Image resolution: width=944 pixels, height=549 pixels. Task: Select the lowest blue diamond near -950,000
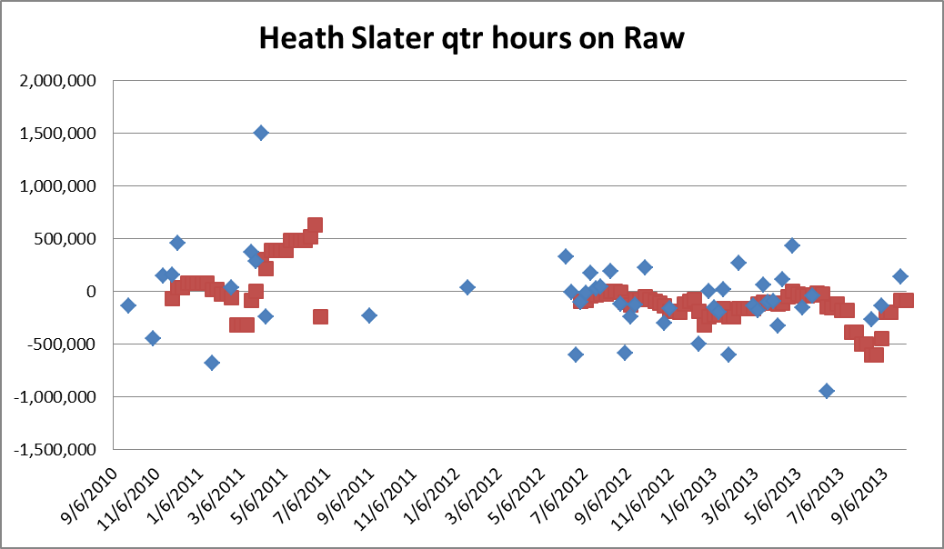click(x=827, y=391)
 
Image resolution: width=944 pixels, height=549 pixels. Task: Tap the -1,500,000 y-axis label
click(x=56, y=450)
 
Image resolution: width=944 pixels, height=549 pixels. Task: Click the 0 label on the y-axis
click(x=91, y=292)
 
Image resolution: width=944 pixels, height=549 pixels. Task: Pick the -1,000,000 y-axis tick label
click(x=56, y=397)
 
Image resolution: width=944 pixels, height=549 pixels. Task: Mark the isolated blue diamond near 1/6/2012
click(x=467, y=287)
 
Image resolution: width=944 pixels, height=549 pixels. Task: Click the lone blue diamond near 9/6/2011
click(x=369, y=315)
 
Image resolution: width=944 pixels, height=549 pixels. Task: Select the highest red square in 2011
click(x=316, y=225)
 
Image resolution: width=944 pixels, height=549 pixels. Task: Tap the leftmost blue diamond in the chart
click(x=128, y=305)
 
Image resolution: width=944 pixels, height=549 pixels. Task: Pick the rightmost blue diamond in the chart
click(x=900, y=276)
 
